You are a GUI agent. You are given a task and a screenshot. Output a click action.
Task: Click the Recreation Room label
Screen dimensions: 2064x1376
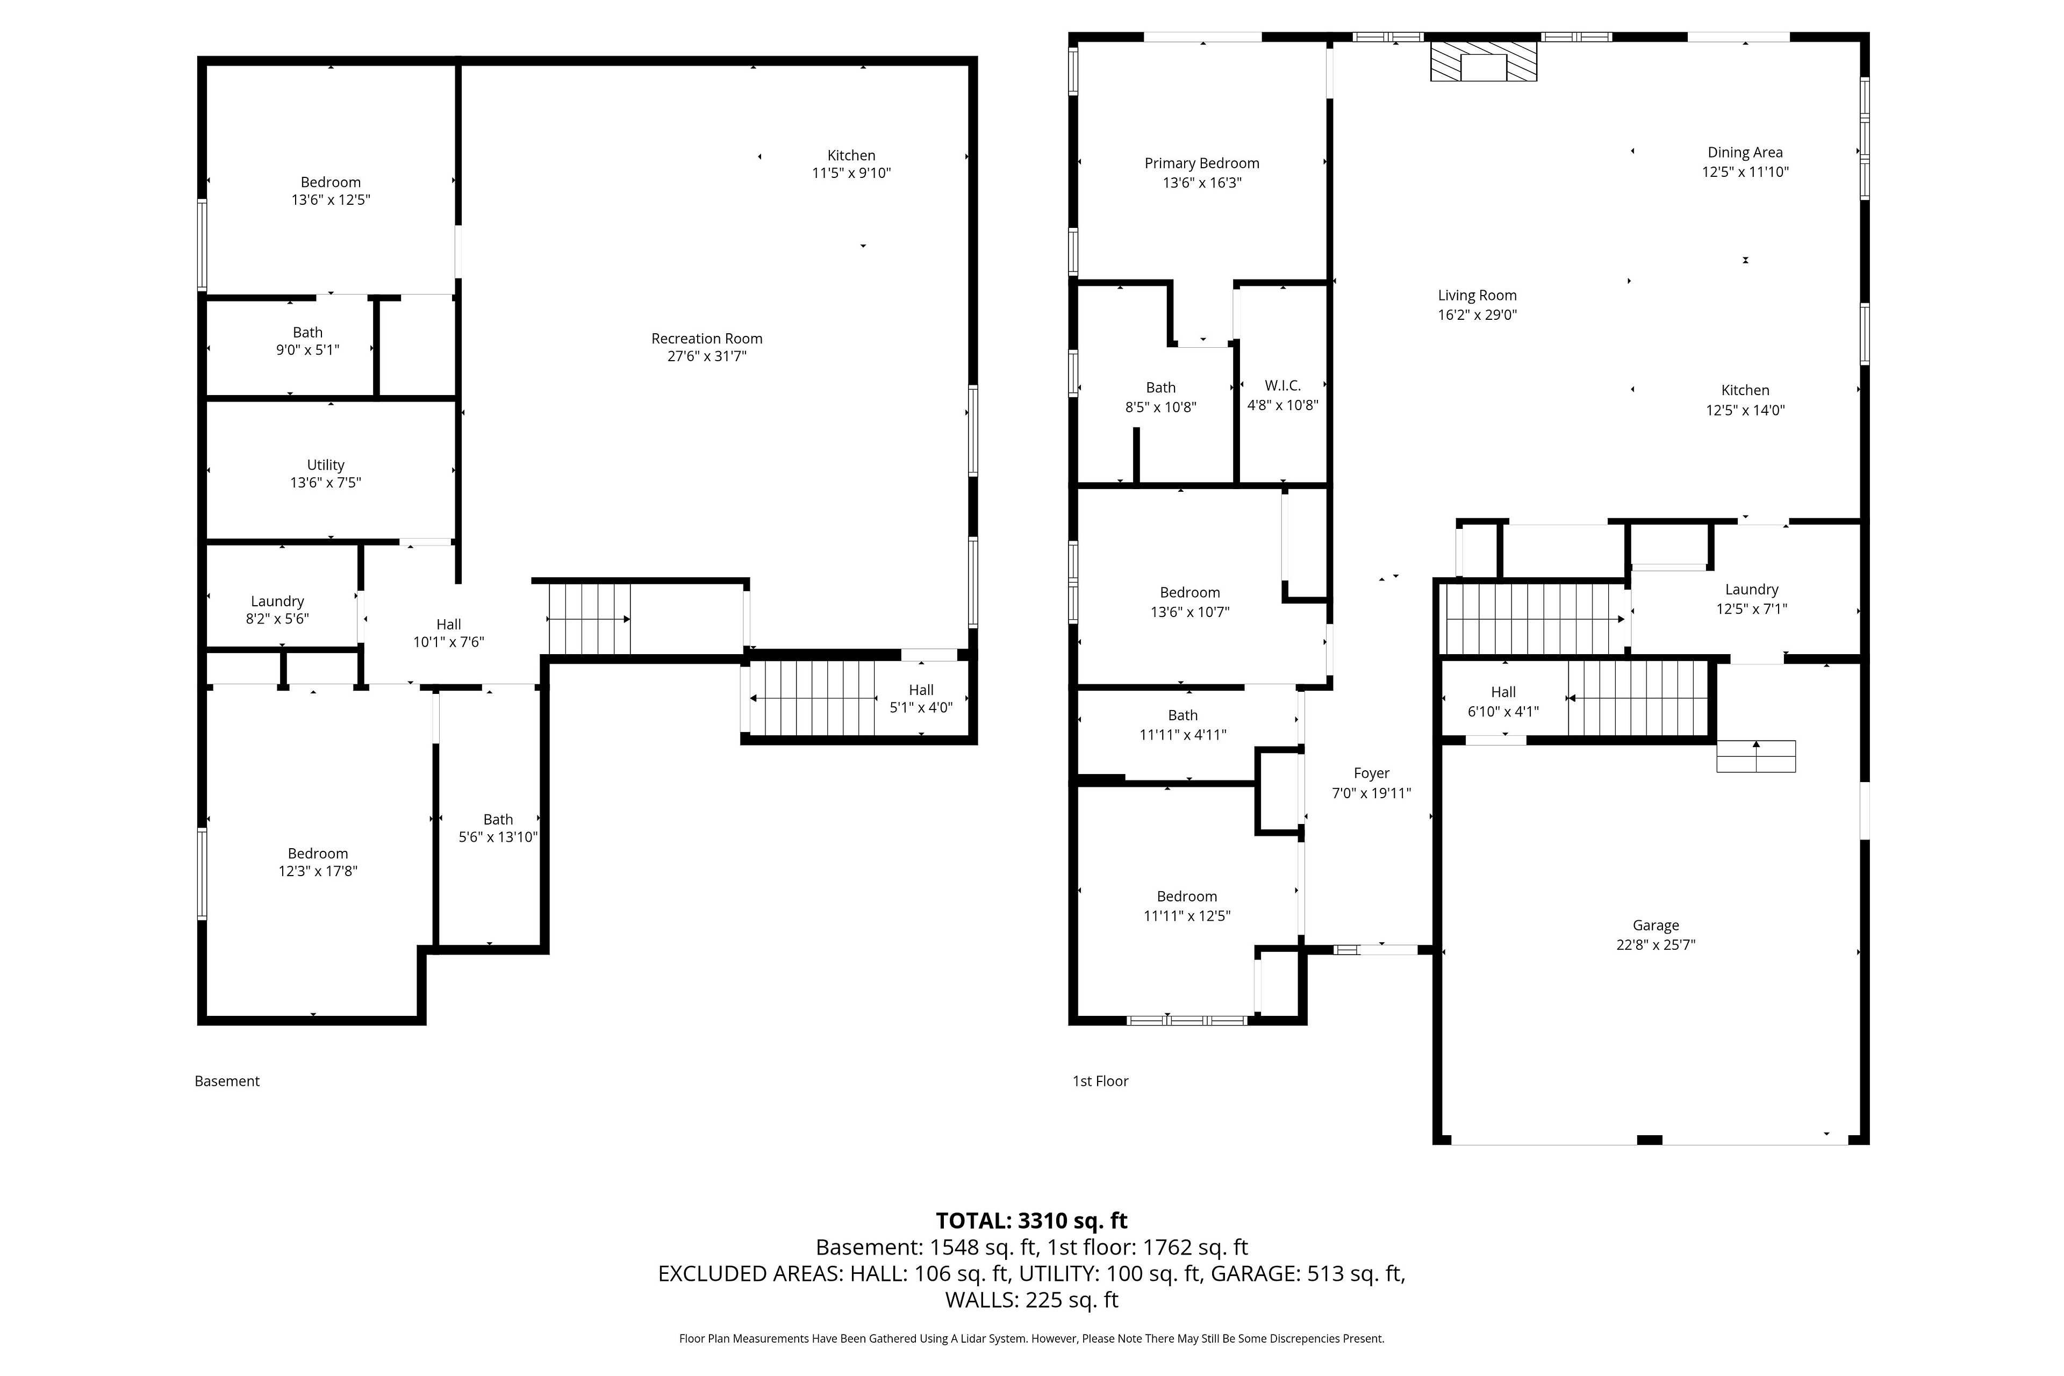click(x=706, y=339)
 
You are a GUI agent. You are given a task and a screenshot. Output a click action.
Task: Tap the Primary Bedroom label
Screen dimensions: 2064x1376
click(x=1201, y=163)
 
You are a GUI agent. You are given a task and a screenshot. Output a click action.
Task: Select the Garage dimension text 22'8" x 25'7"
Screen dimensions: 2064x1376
click(x=1655, y=945)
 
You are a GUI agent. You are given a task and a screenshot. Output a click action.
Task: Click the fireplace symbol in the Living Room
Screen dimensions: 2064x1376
click(x=1483, y=61)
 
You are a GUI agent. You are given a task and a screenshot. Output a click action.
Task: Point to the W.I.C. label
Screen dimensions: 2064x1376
click(x=1282, y=385)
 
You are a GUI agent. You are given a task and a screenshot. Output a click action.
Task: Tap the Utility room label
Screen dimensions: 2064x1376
click(x=326, y=465)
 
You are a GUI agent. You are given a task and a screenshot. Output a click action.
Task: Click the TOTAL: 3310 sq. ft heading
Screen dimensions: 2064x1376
click(x=1031, y=1221)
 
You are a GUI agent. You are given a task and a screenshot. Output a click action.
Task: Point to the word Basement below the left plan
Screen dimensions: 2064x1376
click(x=227, y=1081)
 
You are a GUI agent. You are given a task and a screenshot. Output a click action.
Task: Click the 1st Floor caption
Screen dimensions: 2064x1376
click(x=1100, y=1081)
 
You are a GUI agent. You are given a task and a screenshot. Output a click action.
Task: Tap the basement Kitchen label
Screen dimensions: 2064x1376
click(x=851, y=155)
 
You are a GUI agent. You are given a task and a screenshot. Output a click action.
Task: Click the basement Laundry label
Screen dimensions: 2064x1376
click(x=277, y=601)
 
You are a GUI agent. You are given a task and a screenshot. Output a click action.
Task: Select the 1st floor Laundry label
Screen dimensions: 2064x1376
click(x=1752, y=590)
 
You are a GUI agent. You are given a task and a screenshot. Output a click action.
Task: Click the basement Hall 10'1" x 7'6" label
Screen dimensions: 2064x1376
click(x=448, y=633)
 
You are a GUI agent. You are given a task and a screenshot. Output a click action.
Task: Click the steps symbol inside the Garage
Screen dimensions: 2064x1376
click(x=1756, y=756)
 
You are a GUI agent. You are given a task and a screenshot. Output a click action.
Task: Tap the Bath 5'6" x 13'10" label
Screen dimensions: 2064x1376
click(x=498, y=828)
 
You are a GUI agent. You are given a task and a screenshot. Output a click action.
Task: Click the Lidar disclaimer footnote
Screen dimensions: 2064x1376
click(x=1031, y=1338)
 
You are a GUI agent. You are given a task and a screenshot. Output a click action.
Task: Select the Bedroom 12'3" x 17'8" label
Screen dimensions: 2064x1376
click(x=318, y=862)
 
